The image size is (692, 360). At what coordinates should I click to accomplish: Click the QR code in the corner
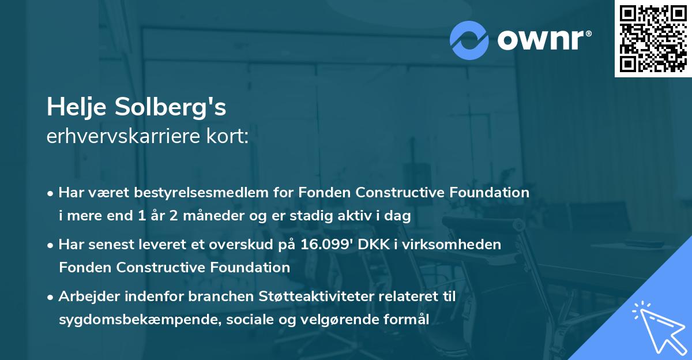click(653, 39)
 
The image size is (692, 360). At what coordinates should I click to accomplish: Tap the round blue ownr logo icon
click(469, 40)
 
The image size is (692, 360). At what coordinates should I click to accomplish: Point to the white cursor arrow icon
click(657, 327)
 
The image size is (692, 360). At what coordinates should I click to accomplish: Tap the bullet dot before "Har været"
click(51, 193)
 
